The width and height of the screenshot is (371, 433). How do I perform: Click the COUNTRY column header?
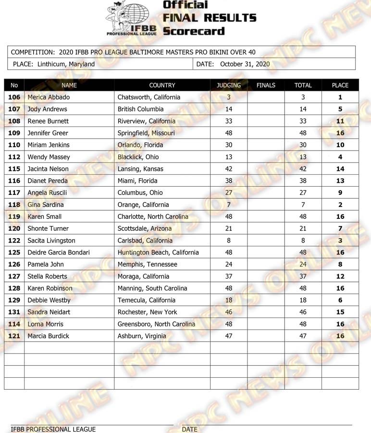[162, 85]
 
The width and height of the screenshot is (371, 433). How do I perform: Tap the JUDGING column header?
[228, 85]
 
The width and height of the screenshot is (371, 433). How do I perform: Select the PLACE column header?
[340, 85]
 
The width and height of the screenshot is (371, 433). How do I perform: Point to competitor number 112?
[14, 157]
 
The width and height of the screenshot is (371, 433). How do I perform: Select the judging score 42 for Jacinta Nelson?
[228, 169]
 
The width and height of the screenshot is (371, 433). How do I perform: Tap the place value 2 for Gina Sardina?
[340, 204]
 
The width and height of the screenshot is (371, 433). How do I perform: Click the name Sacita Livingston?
[51, 241]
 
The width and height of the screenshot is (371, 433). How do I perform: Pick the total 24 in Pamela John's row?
[303, 264]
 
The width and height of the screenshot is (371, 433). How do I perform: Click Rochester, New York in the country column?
[147, 312]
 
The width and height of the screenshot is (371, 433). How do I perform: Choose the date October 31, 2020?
[245, 64]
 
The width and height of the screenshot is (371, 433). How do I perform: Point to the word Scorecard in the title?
[193, 31]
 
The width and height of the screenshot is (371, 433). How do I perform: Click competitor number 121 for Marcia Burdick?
[14, 336]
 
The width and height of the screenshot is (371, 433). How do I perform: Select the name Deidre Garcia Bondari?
[59, 253]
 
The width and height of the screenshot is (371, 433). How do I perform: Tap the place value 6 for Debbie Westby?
[340, 300]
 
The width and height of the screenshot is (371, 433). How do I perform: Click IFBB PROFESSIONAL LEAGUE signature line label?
[53, 429]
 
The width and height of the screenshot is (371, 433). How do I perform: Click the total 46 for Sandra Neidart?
[303, 312]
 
